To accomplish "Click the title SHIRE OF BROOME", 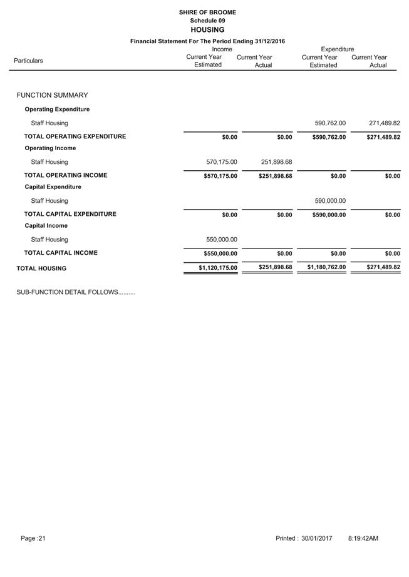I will pyautogui.click(x=207, y=12).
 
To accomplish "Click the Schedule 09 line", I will pyautogui.click(x=207, y=21).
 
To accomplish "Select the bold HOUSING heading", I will pyautogui.click(x=207, y=30).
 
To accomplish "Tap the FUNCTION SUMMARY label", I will pyautogui.click(x=52, y=95).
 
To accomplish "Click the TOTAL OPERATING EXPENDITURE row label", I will pyautogui.click(x=75, y=136).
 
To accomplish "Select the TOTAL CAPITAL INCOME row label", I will pyautogui.click(x=61, y=253).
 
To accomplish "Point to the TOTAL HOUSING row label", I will pyautogui.click(x=41, y=268).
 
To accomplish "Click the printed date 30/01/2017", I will pyautogui.click(x=316, y=538).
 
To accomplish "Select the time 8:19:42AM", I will pyautogui.click(x=363, y=538).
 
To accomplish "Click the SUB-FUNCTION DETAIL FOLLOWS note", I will pyautogui.click(x=75, y=292).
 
